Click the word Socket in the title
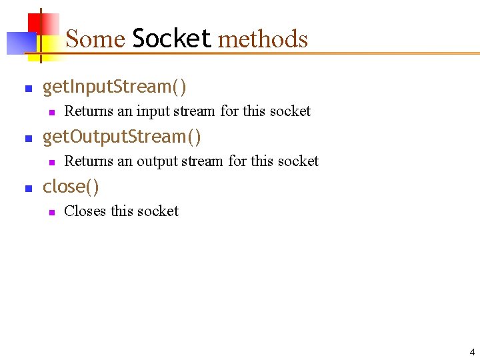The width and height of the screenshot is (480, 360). coord(172,39)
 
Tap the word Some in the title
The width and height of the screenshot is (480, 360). coord(95,39)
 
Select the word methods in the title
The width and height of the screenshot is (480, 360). coord(263,39)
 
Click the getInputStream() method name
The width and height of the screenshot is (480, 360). coord(115,87)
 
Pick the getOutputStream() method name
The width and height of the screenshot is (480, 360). coord(122,137)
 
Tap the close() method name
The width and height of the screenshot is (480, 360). coord(71,187)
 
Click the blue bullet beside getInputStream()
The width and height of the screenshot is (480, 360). coord(28,88)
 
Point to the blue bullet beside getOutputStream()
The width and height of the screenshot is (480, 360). coord(28,138)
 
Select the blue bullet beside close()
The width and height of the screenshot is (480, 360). coord(28,188)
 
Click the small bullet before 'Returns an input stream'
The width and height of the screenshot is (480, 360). coord(50,112)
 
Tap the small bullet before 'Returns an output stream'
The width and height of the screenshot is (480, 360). coord(50,162)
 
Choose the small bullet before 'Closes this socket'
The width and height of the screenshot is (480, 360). coord(50,212)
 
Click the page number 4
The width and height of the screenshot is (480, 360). coord(472,352)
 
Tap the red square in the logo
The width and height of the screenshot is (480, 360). coord(40,23)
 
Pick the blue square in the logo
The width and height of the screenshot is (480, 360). coord(19,43)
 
